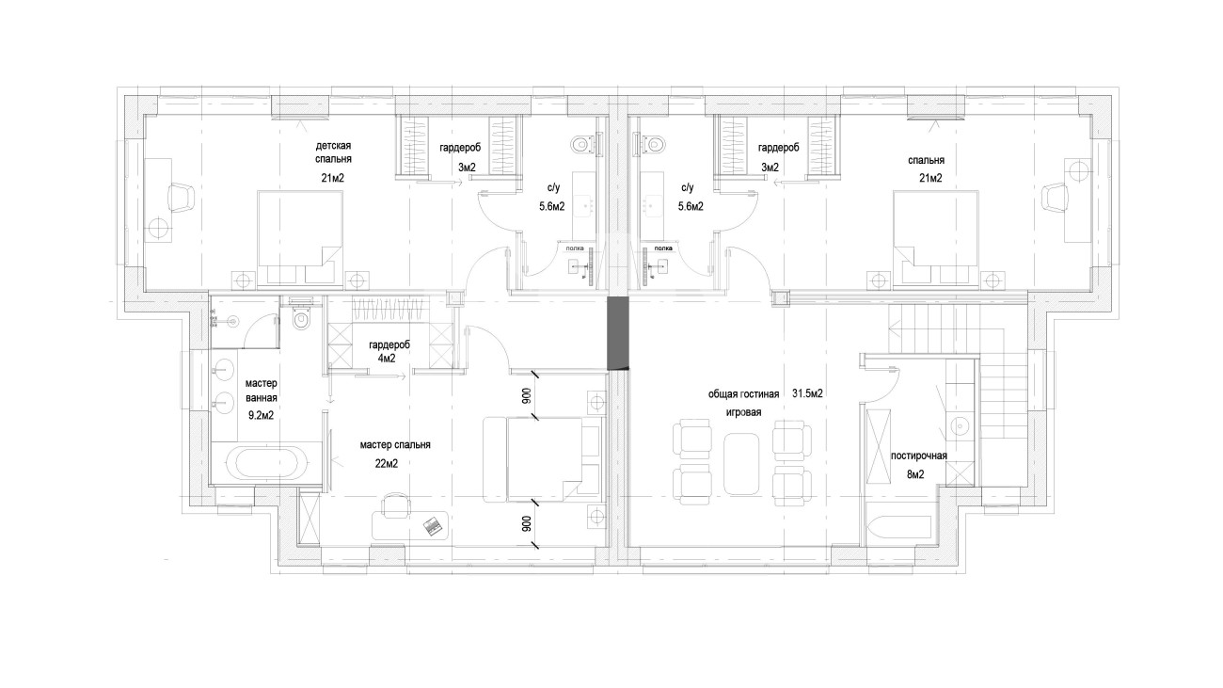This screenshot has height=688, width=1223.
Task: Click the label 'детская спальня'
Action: click(333, 152)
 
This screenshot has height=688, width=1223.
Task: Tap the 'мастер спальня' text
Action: click(395, 445)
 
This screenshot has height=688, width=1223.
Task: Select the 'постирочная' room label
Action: click(919, 456)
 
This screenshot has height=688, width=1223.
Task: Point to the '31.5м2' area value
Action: click(807, 393)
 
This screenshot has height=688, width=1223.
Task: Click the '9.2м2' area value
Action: click(261, 416)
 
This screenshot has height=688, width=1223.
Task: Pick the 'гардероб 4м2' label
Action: click(389, 352)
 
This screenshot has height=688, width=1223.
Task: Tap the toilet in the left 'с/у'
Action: click(582, 145)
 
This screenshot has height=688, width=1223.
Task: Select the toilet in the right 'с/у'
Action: click(653, 144)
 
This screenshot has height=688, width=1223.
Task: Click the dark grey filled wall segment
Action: click(619, 333)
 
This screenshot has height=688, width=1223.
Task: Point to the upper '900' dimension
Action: click(526, 395)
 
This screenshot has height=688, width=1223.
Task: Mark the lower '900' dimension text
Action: click(526, 524)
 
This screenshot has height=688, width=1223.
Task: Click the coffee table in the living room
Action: click(741, 464)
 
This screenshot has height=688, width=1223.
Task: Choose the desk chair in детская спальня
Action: click(182, 197)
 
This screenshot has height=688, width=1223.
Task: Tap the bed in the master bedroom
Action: click(545, 459)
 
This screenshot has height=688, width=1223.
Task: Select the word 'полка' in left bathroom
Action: click(574, 248)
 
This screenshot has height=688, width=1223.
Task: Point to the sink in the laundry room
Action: click(960, 424)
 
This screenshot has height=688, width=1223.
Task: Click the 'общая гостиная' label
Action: click(743, 394)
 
